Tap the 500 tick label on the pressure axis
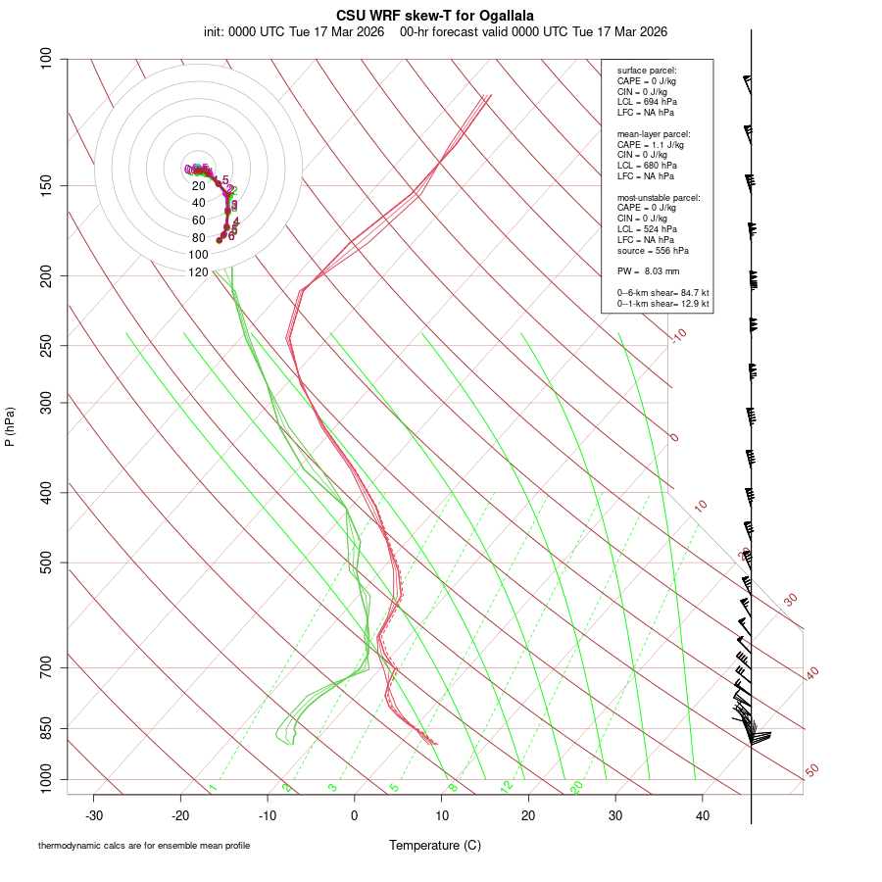[47, 563]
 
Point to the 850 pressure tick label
[47, 728]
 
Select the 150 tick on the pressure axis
[47, 185]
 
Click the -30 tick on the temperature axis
[94, 815]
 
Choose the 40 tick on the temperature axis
[703, 815]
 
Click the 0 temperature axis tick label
[355, 815]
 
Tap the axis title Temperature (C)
[434, 845]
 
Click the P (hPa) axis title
[10, 426]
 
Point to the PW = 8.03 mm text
[648, 270]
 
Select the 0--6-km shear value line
[662, 293]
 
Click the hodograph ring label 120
[199, 272]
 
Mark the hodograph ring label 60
[199, 220]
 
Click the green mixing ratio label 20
[576, 787]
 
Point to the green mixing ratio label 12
[507, 787]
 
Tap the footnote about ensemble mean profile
[144, 846]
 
